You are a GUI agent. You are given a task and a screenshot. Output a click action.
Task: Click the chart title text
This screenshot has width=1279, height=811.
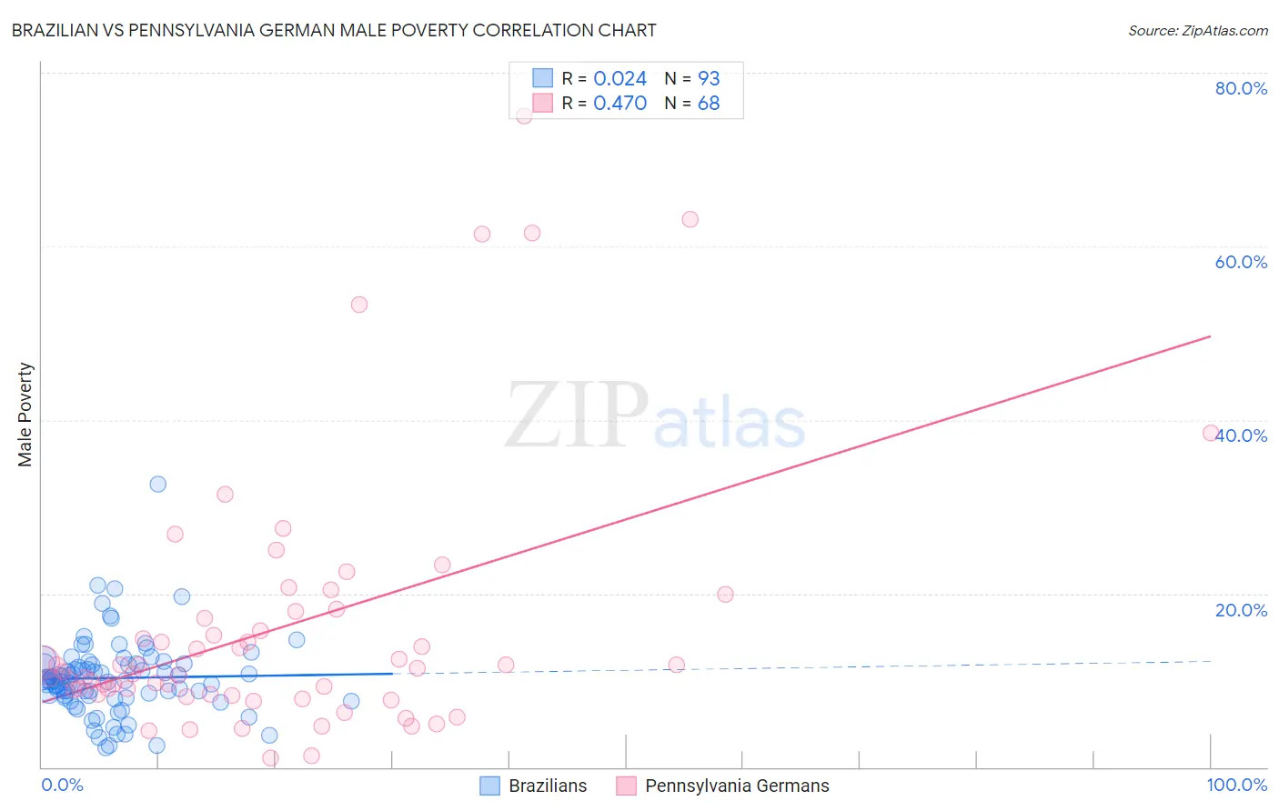coord(334,30)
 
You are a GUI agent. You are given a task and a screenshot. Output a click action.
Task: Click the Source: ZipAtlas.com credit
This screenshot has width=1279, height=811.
coord(1197,30)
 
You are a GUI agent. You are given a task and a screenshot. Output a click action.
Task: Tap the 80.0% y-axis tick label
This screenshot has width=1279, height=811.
coord(1241,88)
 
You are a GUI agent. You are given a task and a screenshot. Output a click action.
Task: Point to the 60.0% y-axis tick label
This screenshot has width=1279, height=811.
coord(1241,262)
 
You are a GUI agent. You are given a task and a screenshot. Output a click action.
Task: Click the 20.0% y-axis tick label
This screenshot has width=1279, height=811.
coord(1241,610)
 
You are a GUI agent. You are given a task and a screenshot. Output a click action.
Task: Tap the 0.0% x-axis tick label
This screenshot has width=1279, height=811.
coord(62,785)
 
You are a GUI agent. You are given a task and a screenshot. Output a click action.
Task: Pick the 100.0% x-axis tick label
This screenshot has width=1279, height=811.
coord(1236,785)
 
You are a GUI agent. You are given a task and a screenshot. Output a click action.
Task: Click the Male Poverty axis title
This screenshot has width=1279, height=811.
coord(25,415)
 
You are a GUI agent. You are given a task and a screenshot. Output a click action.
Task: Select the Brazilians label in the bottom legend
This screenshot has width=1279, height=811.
coord(548,786)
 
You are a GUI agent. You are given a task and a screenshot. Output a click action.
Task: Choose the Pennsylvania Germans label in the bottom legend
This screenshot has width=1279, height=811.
coord(737,786)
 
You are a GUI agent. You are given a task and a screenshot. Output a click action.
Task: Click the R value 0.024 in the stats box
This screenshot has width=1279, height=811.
coord(619,79)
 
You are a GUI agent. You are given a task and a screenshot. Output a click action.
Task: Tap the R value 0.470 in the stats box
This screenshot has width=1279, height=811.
coord(619,104)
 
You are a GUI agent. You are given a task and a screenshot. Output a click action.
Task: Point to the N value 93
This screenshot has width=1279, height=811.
coord(709,79)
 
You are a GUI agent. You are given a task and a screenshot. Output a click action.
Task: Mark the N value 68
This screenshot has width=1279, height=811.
coord(709,104)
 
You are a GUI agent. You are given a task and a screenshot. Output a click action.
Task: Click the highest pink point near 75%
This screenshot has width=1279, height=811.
coord(524,115)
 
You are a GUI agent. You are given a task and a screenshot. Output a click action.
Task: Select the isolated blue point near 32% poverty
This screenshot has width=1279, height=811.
coord(158,484)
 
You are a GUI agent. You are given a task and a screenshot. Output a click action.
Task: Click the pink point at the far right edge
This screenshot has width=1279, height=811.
coord(1211,433)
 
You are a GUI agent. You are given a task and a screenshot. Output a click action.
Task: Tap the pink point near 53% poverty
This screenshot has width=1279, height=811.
coord(359,305)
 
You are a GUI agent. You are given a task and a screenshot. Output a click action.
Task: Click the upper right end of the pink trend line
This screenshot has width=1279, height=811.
coord(1210,336)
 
